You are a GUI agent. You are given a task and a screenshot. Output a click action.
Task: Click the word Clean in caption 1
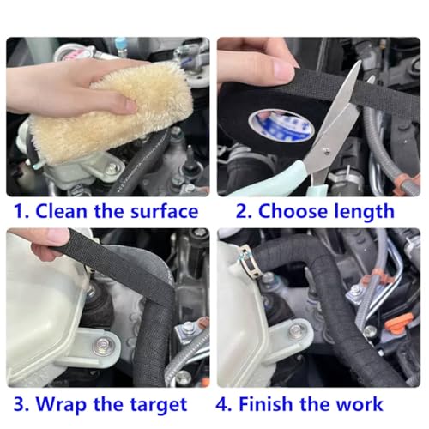[x=61, y=211]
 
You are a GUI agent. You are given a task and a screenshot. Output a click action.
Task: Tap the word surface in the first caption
[x=164, y=211]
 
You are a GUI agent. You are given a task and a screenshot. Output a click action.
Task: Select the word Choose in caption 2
[x=293, y=211]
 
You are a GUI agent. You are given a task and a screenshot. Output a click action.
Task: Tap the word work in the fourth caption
[x=359, y=404]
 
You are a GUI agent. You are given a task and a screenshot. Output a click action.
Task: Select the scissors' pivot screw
[x=325, y=151]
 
